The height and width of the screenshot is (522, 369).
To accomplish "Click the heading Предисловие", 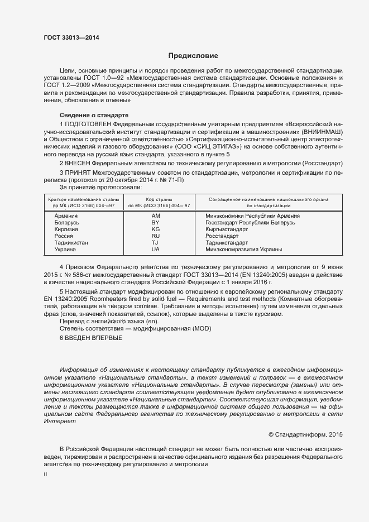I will click(193, 56).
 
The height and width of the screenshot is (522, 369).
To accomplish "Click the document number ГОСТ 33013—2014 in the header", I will click(68, 37).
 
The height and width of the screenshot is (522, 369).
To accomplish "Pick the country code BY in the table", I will click(155, 222).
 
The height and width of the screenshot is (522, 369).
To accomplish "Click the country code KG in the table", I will click(155, 229).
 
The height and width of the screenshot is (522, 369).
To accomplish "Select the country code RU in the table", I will click(155, 236).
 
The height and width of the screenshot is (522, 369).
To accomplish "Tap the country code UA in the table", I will click(155, 250).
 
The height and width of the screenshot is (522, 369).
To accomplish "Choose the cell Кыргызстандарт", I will click(227, 229).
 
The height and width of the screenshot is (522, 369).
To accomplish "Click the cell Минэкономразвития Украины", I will click(243, 250).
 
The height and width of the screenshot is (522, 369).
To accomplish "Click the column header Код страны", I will click(156, 199).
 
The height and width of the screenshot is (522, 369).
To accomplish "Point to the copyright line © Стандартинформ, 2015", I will click(305, 434).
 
